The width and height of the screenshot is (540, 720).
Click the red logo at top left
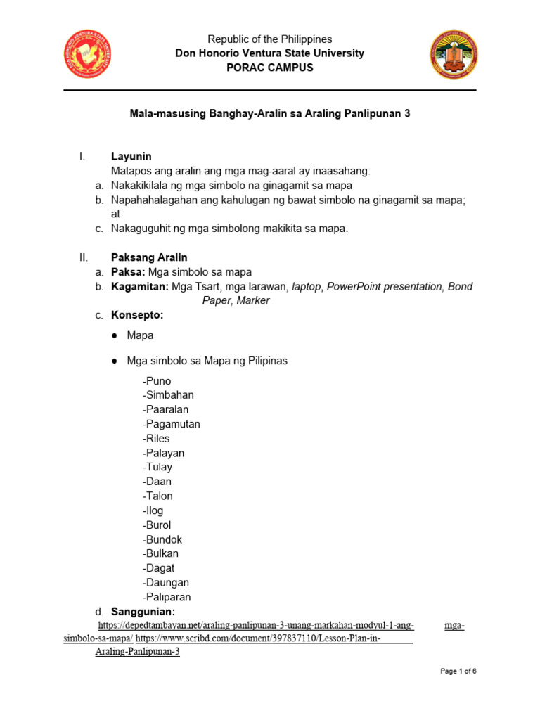(x=88, y=54)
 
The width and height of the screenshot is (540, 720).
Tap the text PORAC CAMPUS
(x=269, y=67)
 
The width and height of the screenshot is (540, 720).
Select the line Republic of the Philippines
(x=269, y=39)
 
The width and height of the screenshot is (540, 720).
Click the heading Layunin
(x=131, y=156)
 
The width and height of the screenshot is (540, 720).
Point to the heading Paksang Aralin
(x=149, y=257)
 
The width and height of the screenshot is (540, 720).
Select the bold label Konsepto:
(x=137, y=315)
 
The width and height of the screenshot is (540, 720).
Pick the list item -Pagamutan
(x=171, y=424)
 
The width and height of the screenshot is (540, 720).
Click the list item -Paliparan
(x=166, y=597)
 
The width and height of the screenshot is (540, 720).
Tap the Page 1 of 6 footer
(x=458, y=671)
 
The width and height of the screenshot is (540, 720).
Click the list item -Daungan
(x=166, y=582)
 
